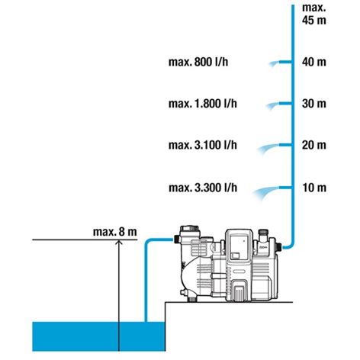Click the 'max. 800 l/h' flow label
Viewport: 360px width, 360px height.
coord(198,62)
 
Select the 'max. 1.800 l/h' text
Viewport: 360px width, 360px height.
coord(203,104)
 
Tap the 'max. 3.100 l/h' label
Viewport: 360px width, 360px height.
coord(203,145)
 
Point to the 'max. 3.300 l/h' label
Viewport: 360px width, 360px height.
coord(203,188)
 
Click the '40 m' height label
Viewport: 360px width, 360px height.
coord(314,62)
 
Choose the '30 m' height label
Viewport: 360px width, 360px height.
coord(314,104)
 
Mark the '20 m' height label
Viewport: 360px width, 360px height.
coord(314,145)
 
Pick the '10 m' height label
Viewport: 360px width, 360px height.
coord(314,188)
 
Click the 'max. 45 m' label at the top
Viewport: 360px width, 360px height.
coord(314,14)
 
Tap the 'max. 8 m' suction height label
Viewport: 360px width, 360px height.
coord(115,232)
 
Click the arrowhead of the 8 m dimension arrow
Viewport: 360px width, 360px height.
coord(119,242)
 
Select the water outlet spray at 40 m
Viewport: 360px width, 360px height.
coord(274,63)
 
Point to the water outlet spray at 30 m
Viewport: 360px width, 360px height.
coord(272,105)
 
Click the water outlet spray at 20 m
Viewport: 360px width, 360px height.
coord(268,148)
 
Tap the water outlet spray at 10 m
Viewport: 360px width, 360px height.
coord(265,191)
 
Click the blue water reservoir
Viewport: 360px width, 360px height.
coord(98,336)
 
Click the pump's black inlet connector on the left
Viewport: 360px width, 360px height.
coord(176,239)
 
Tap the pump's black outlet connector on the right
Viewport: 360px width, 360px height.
coord(279,246)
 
